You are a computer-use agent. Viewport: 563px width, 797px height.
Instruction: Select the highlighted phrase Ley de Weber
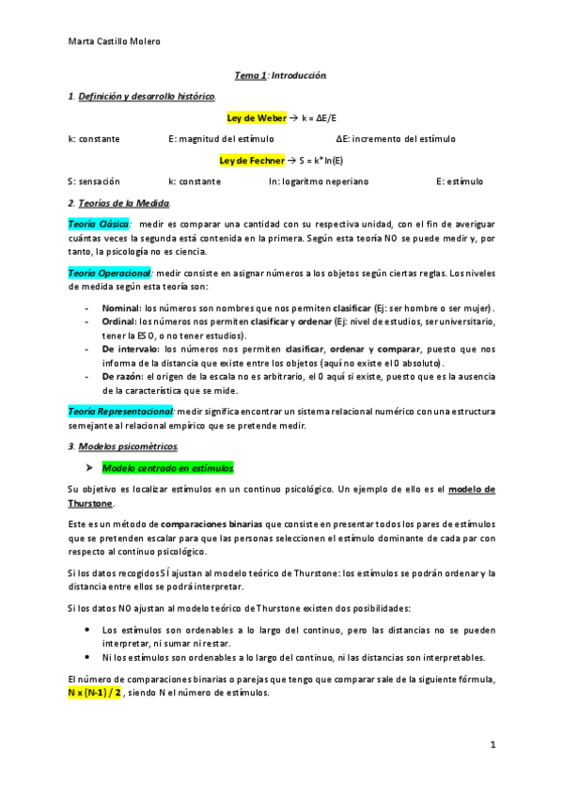(x=257, y=117)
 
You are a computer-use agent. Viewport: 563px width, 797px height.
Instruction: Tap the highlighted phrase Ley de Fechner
(x=252, y=160)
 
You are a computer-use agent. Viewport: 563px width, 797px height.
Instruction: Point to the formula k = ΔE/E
(x=318, y=117)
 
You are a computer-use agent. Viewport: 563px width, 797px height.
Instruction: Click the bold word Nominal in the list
(x=119, y=308)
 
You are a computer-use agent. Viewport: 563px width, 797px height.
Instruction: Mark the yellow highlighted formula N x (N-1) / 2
(x=95, y=693)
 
